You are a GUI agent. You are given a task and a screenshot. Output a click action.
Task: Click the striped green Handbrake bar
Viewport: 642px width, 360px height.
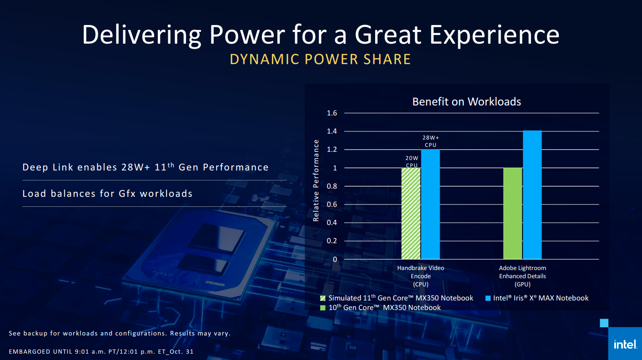point(411,213)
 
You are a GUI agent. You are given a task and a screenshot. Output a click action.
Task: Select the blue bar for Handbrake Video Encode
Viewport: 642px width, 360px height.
point(430,204)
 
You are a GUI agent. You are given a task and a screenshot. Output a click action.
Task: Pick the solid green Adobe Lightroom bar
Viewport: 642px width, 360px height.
point(513,213)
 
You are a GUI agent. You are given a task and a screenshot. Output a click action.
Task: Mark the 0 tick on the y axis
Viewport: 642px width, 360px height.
point(335,259)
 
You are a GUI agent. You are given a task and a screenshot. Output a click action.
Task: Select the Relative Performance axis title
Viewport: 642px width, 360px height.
point(316,181)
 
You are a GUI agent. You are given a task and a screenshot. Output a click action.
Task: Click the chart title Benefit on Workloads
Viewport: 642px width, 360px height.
point(466,101)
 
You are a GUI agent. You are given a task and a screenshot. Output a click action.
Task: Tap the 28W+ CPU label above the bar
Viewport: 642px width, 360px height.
point(430,141)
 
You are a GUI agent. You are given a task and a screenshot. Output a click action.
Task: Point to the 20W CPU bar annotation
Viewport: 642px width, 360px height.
point(411,161)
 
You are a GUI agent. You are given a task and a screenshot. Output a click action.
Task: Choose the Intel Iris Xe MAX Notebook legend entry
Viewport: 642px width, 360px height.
point(537,298)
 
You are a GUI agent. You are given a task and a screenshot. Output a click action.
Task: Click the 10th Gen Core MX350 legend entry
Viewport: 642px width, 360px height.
point(380,308)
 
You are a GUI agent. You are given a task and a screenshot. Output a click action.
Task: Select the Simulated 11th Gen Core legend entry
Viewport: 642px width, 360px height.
point(396,298)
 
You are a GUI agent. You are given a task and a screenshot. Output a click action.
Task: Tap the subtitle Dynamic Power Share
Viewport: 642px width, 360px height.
point(321,60)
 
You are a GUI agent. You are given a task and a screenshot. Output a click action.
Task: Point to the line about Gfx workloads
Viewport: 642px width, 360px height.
point(108,194)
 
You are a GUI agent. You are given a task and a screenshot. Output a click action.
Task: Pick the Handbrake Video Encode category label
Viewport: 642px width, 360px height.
point(421,276)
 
